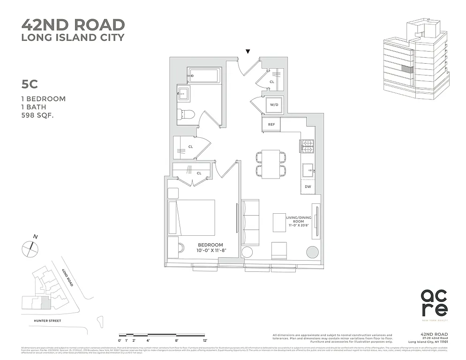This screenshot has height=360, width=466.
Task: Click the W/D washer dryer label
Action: pos(273,105)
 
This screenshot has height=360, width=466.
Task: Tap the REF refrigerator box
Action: pos(271,125)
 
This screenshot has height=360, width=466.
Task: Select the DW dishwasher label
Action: pos(308,187)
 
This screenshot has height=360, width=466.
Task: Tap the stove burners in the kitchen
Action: pos(307,147)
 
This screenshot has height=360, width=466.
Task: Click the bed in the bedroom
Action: pos(192,217)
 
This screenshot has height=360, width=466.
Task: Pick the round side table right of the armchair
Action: pos(312,252)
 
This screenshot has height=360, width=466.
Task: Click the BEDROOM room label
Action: pos(210,245)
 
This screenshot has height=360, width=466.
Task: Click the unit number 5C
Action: pos(29,84)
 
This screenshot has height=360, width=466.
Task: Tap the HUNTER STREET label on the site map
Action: pos(41,321)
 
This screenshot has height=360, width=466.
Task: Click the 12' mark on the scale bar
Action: pos(204,340)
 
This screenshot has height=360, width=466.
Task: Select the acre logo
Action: pos(434,302)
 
